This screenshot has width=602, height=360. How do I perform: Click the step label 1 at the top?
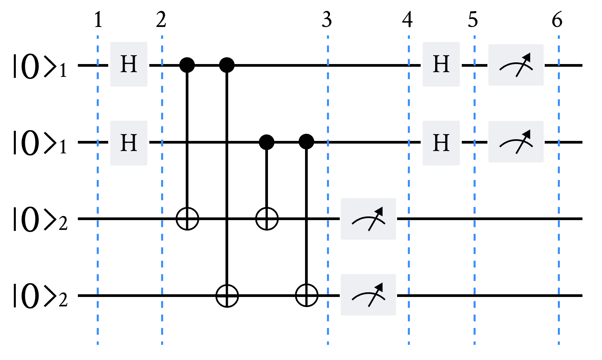tap(98, 20)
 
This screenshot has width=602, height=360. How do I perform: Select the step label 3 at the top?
tap(327, 20)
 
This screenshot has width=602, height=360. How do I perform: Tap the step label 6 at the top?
tap(557, 20)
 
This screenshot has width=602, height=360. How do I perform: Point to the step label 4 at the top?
tap(408, 20)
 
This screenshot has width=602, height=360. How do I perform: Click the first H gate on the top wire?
tap(129, 64)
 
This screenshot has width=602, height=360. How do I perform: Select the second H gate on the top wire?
tap(441, 64)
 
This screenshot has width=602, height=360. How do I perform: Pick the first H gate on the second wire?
tap(129, 143)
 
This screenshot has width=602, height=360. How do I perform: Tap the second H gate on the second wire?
tap(441, 143)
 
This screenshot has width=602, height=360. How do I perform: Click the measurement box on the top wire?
tap(516, 65)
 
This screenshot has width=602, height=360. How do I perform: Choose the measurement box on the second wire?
tap(516, 142)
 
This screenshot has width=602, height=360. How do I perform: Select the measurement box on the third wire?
tap(368, 219)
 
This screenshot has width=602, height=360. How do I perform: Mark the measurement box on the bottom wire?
tap(368, 295)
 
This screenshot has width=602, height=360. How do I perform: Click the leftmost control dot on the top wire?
tap(187, 65)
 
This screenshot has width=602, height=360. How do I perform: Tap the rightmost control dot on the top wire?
tap(227, 65)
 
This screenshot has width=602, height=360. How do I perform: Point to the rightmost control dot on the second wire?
tap(306, 142)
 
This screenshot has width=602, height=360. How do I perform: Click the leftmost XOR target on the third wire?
tap(187, 219)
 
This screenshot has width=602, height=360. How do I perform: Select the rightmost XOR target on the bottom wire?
tap(306, 296)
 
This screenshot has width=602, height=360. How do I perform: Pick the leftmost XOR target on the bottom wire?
tap(227, 296)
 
